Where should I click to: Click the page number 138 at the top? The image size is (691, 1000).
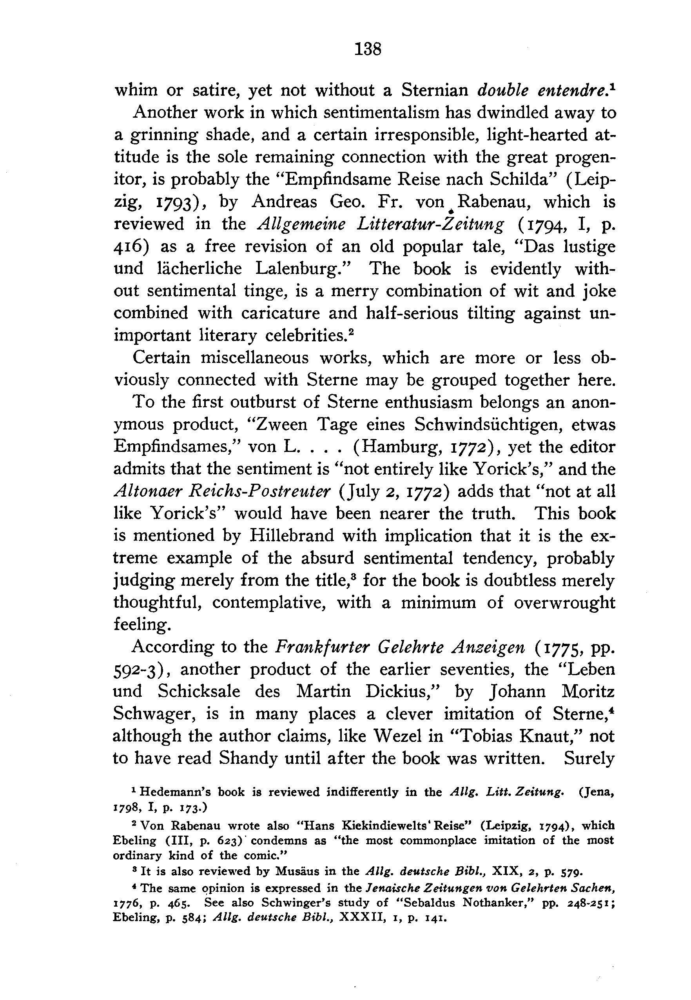tap(368, 49)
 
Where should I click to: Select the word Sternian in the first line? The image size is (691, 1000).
tap(435, 90)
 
